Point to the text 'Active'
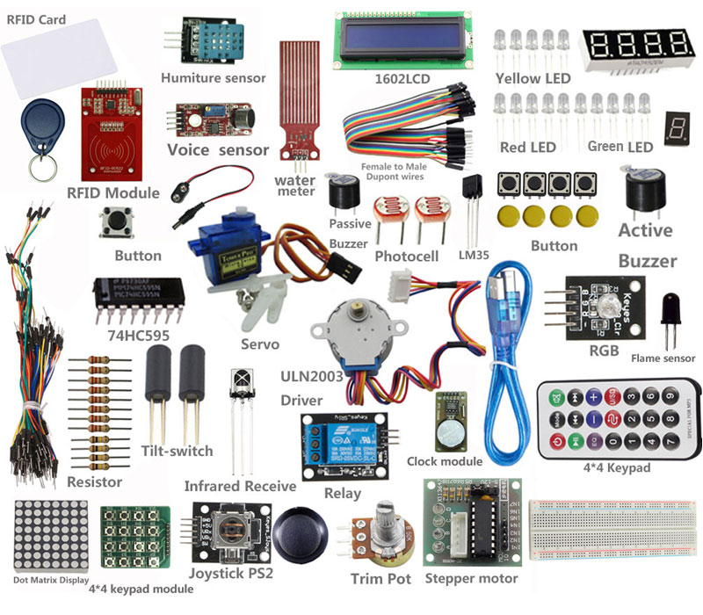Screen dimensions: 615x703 pyautogui.click(x=645, y=231)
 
